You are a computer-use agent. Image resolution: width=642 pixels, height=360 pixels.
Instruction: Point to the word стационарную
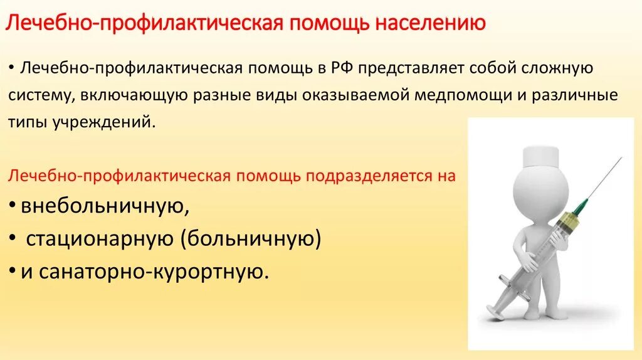[100, 239]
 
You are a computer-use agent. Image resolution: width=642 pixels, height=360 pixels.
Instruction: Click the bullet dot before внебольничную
[14, 206]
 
